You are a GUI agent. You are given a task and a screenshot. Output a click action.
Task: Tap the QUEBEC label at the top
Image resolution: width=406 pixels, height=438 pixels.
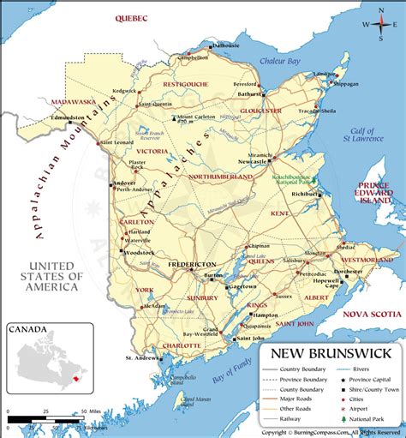point(129,17)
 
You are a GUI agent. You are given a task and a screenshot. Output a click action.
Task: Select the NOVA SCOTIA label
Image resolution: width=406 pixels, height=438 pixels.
point(373,315)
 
